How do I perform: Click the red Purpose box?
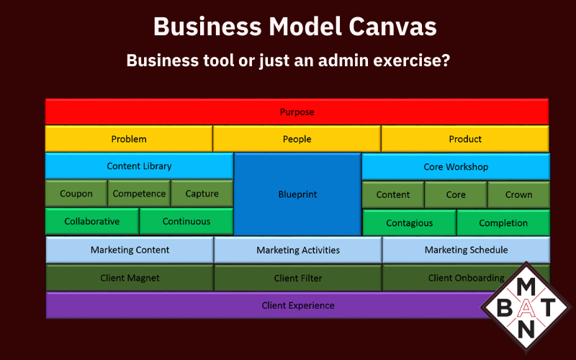click(297, 112)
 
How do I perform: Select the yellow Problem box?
click(129, 139)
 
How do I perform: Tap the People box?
click(297, 139)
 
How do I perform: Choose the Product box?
click(465, 139)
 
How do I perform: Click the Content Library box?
click(139, 166)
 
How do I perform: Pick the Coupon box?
click(76, 194)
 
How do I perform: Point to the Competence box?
click(140, 194)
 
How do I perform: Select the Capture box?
click(202, 194)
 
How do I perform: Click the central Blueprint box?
click(297, 194)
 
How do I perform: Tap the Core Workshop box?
click(456, 167)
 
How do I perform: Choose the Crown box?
click(518, 194)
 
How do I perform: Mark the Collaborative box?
click(92, 221)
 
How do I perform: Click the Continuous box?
click(186, 221)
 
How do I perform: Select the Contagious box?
click(410, 223)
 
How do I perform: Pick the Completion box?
click(503, 223)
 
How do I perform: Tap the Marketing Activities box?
click(298, 251)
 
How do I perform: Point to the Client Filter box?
click(298, 278)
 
